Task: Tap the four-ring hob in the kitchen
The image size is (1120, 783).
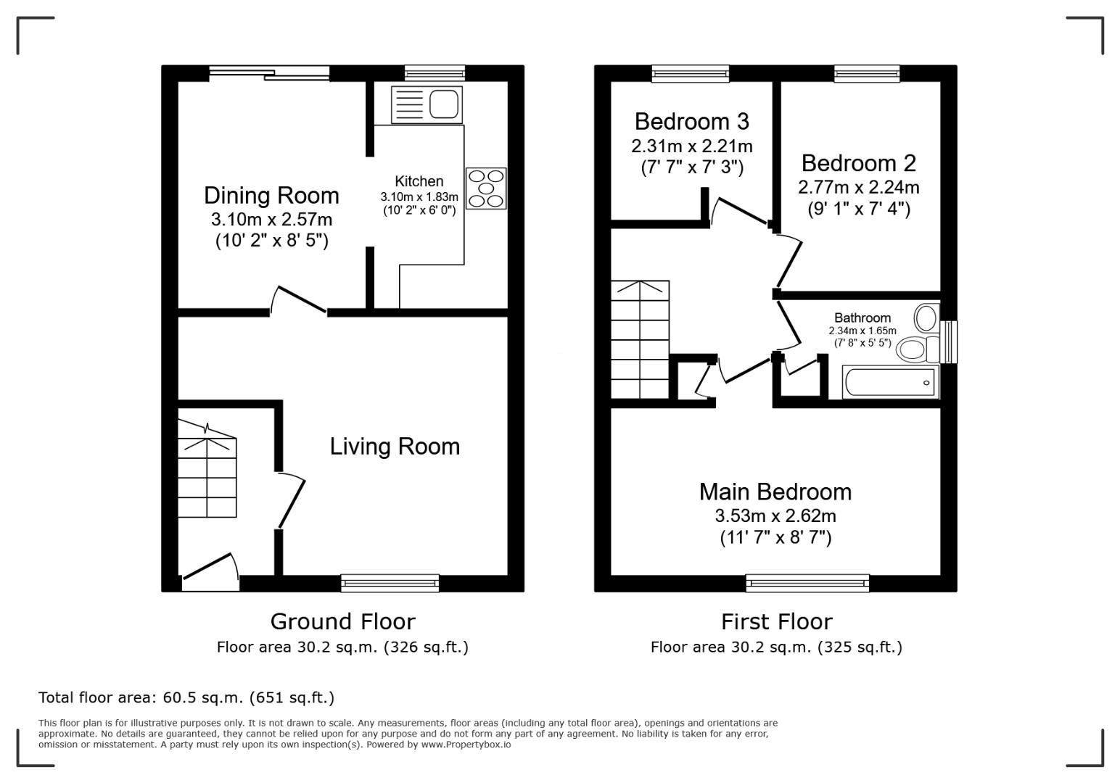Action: [x=486, y=188]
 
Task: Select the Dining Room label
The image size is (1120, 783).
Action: [x=271, y=196]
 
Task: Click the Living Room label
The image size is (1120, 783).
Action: [x=395, y=447]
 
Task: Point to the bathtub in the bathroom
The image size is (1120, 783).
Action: [x=890, y=382]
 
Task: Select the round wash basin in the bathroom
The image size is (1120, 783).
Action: [x=926, y=318]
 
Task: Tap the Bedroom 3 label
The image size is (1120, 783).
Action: [x=691, y=121]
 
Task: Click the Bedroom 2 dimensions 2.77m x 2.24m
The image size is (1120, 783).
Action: [x=859, y=188]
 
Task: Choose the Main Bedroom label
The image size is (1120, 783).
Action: [x=775, y=492]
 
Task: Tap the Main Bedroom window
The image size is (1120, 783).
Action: [x=807, y=582]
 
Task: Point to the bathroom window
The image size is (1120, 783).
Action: [x=948, y=341]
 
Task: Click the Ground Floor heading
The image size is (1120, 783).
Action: [x=342, y=622]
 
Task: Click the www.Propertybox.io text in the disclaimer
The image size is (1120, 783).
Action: [x=466, y=745]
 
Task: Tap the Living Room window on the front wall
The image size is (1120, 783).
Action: [x=390, y=582]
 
